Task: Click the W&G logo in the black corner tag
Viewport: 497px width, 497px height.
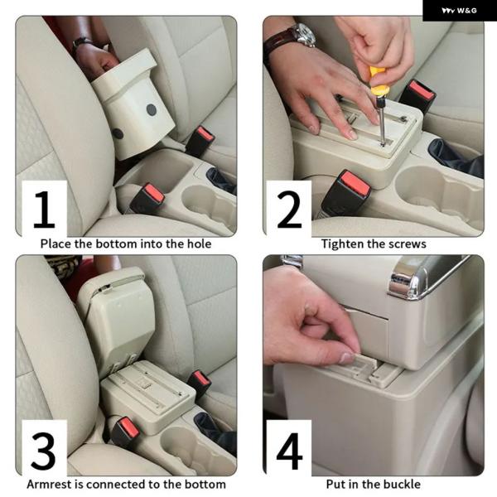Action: tap(459, 11)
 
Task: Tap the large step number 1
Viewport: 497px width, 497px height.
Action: tap(44, 209)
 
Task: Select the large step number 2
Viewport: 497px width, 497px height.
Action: tap(289, 210)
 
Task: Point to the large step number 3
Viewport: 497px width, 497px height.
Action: tap(43, 451)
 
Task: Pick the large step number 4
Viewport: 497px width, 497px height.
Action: tap(289, 451)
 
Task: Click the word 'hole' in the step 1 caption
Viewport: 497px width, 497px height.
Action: tap(199, 244)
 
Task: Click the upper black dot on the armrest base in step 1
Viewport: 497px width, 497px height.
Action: tap(152, 109)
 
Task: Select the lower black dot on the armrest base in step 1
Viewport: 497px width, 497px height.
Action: tap(118, 133)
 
